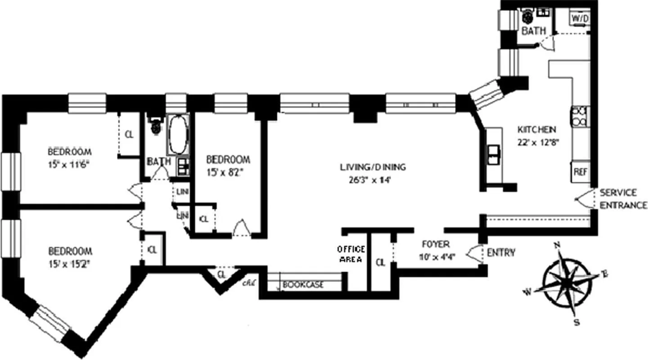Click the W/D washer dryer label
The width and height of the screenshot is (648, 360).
[580, 19]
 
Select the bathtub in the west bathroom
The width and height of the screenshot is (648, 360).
[176, 134]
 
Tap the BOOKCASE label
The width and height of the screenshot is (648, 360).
[303, 285]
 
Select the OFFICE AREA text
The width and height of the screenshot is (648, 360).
[351, 255]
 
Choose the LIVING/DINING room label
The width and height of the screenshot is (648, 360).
[373, 167]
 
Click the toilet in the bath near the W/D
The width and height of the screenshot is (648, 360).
[527, 17]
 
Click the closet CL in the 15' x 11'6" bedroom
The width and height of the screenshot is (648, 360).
[129, 135]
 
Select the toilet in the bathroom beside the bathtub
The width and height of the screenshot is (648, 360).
[156, 126]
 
